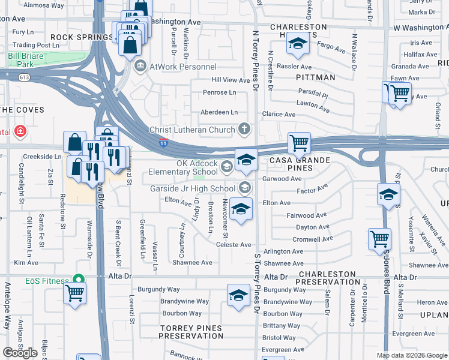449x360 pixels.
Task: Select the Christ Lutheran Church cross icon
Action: pyautogui.click(x=244, y=128)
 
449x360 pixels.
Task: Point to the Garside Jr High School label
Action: pyautogui.click(x=192, y=188)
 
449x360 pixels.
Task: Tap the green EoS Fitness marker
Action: pyautogui.click(x=77, y=279)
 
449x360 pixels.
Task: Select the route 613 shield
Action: pyautogui.click(x=24, y=77)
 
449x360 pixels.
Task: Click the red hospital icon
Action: pyautogui.click(x=20, y=131)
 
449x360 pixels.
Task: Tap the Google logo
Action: pyautogui.click(x=20, y=353)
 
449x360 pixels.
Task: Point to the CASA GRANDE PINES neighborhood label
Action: pyautogui.click(x=300, y=164)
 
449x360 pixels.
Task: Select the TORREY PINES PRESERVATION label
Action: pyautogui.click(x=191, y=332)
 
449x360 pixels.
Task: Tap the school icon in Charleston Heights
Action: pyautogui.click(x=297, y=43)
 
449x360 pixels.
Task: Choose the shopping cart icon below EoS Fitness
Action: pyautogui.click(x=74, y=293)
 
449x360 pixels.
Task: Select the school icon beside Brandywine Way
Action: pyautogui.click(x=238, y=295)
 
